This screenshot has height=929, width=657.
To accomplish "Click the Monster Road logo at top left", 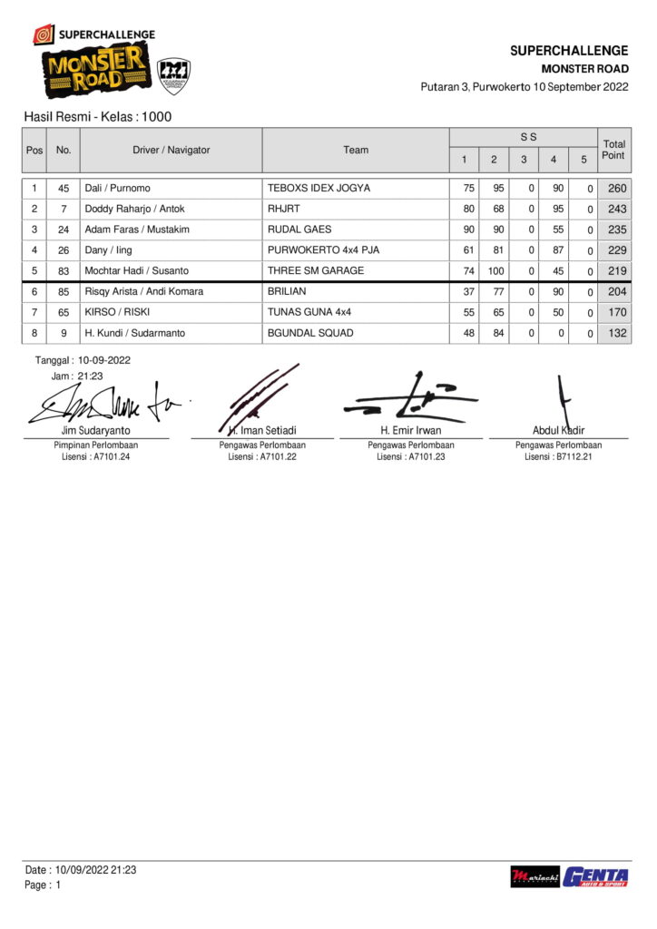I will (x=93, y=73).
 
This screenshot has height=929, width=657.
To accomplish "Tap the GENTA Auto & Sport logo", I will (x=595, y=876).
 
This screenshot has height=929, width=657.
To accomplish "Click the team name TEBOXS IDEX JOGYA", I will (x=319, y=189).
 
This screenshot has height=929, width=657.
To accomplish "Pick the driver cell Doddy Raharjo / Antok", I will (x=134, y=209).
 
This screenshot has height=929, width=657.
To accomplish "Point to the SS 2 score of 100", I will (x=493, y=270).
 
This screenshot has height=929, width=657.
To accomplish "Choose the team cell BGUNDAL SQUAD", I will (x=310, y=333).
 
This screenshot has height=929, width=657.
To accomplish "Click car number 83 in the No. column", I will (x=64, y=270).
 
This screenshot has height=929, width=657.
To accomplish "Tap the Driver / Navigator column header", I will (x=171, y=150).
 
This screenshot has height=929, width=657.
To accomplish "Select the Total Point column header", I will (x=613, y=150).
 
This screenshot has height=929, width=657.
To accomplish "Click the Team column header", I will (x=356, y=150).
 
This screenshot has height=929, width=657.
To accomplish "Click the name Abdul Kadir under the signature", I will (x=558, y=430).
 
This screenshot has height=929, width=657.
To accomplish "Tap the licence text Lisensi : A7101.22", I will (x=262, y=457).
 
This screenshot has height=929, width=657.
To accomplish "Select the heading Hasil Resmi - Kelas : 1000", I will (x=98, y=117).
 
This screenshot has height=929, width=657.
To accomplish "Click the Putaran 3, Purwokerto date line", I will (x=524, y=87).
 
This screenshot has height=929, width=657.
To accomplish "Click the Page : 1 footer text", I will (x=43, y=885).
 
